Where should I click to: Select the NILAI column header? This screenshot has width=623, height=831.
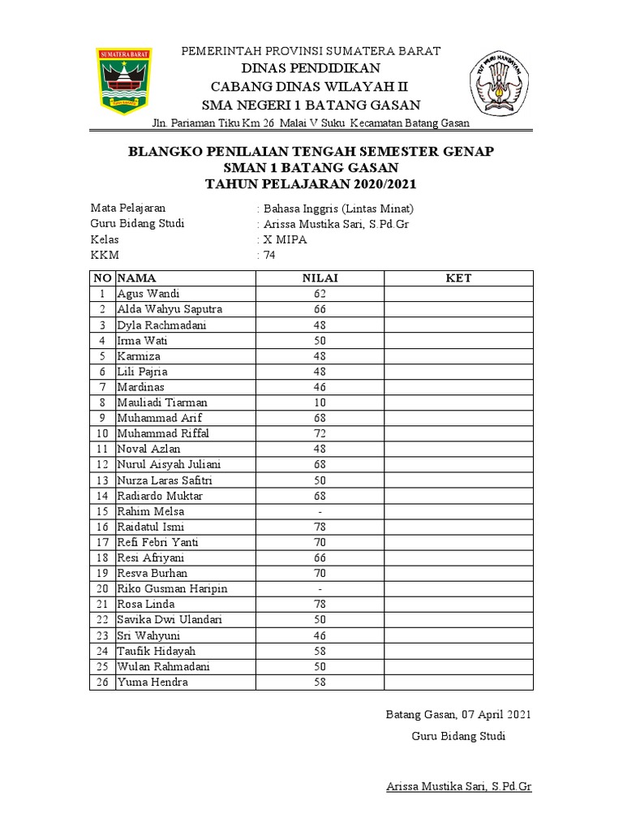click(320, 278)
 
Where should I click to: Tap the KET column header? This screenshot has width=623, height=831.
click(458, 278)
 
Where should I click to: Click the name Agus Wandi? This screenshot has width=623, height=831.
click(148, 294)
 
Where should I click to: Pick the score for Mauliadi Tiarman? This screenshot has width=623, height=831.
click(320, 403)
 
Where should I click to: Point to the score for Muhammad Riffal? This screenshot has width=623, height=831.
click(320, 433)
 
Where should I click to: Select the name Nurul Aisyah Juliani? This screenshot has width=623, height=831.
click(170, 464)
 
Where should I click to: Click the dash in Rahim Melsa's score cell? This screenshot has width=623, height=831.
click(320, 511)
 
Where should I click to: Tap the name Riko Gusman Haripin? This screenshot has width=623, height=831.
click(172, 588)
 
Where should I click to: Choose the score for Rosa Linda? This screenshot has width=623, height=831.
click(320, 605)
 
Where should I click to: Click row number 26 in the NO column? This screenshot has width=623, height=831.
click(102, 682)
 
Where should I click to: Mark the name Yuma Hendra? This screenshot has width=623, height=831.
click(153, 682)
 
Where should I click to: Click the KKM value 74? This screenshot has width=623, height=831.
click(269, 255)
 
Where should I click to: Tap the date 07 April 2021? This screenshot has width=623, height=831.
click(496, 714)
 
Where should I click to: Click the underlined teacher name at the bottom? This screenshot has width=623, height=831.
click(457, 787)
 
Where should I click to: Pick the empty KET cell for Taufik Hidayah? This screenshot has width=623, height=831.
click(458, 651)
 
